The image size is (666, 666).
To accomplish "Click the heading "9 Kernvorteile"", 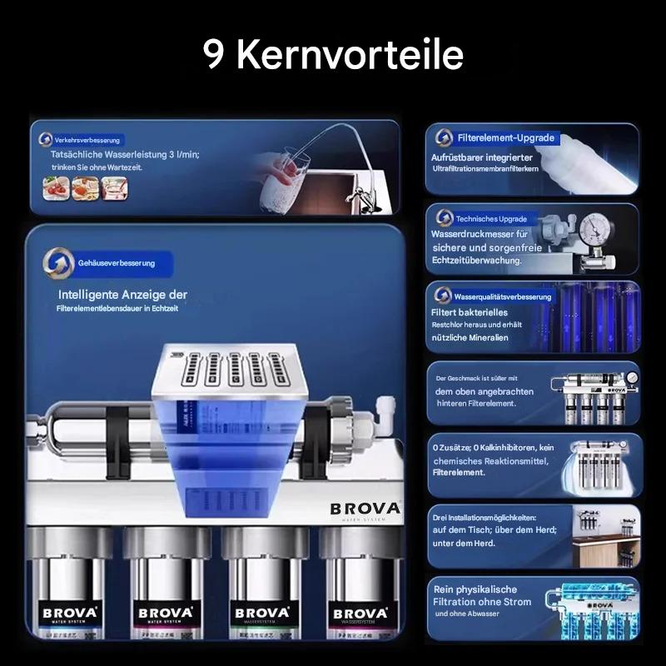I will (333, 54).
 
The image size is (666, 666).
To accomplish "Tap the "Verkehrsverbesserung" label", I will (87, 140).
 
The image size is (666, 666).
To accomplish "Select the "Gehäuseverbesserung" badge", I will (116, 263).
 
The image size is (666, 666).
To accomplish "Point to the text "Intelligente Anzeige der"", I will (122, 295).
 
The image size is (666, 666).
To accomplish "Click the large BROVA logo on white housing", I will (365, 509).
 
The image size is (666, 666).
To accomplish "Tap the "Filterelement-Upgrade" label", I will (505, 138).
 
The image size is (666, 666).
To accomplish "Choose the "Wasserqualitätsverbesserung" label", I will (503, 296).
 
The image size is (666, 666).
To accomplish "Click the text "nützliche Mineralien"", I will (470, 337).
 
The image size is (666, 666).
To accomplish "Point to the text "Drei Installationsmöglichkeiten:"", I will (485, 517).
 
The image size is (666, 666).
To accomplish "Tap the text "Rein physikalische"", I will (475, 589).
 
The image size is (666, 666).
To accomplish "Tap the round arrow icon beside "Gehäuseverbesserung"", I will (57, 263).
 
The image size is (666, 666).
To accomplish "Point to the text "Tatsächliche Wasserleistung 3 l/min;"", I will (125, 155).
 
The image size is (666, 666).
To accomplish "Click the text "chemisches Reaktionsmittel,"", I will (489, 460).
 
